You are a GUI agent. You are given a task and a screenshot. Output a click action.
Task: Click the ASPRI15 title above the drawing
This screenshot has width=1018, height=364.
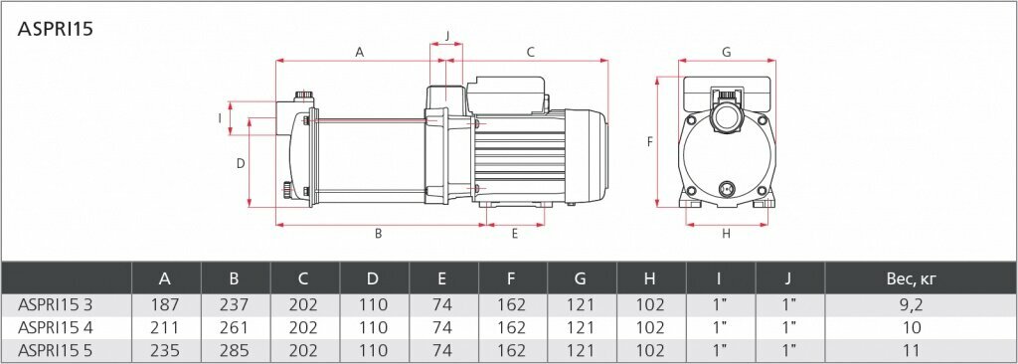tap(56, 29)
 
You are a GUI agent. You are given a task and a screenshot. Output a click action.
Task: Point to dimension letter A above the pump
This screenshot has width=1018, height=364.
tap(359, 53)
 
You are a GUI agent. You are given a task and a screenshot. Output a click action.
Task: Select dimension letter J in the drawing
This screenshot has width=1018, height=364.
tap(446, 36)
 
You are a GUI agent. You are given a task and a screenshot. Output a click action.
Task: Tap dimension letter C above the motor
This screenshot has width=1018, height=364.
tap(530, 53)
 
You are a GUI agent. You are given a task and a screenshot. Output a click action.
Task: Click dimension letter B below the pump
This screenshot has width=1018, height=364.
tap(378, 234)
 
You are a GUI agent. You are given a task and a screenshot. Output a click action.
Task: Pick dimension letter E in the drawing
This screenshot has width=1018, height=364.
tap(515, 234)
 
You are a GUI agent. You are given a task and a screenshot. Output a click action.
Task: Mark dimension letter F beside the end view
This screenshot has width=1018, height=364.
tap(649, 141)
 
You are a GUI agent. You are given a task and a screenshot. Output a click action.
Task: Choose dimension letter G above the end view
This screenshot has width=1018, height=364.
tap(727, 53)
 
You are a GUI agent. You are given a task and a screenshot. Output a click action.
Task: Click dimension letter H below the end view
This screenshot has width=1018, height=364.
tap(727, 234)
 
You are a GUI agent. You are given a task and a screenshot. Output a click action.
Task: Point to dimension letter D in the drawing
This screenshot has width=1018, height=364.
tap(241, 163)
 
